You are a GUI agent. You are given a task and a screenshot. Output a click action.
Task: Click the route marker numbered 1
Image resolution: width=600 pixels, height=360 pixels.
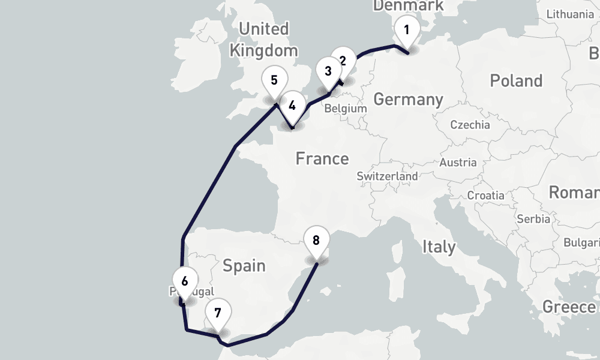tap(407, 29)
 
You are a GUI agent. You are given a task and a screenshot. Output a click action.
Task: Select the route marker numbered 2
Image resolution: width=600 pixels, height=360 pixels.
tap(343, 61)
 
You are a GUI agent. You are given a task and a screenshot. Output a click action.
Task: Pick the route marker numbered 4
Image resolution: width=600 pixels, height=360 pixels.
tap(292, 106)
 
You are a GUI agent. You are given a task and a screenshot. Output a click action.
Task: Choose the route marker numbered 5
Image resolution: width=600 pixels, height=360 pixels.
tap(274, 80)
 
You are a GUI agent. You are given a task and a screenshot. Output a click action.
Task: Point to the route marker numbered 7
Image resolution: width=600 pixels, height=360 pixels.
tap(217, 313)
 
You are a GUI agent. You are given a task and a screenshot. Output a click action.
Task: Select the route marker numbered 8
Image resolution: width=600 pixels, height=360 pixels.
tap(316, 241)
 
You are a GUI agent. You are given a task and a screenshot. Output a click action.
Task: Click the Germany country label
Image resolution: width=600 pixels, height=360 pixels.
tap(408, 99)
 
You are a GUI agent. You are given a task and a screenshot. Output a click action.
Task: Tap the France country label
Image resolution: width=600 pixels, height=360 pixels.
tap(322, 158)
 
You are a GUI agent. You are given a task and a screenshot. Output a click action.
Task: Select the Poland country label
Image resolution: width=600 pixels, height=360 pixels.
tap(516, 80)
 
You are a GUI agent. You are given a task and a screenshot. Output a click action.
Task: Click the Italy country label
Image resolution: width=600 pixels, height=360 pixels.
tap(439, 246)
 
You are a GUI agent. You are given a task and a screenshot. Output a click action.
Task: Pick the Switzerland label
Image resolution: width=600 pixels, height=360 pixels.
tap(387, 176)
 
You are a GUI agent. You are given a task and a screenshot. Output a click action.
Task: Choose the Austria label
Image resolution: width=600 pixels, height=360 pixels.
tap(458, 162)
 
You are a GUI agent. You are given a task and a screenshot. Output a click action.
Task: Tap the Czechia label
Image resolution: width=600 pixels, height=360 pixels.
tap(470, 125)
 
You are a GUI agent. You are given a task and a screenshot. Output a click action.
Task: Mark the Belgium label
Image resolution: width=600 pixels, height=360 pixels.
tap(345, 109)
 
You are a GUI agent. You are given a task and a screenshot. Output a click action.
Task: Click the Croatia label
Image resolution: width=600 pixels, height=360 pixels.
tap(486, 195)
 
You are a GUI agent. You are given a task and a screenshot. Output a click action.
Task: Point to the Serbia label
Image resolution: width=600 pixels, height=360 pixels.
tap(533, 219)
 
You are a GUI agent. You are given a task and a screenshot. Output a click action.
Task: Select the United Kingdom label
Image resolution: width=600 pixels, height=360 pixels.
tap(263, 39)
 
